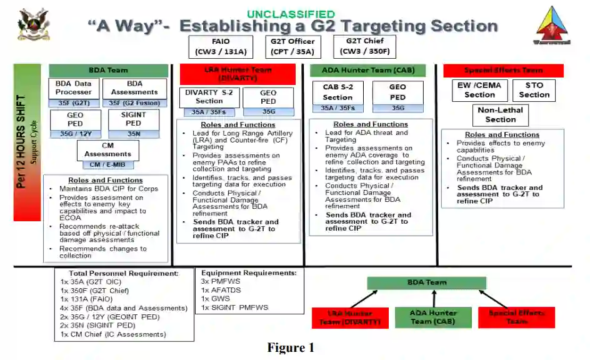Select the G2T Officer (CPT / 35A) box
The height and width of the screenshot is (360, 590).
pos(292,47)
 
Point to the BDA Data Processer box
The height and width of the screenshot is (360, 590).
pos(74,88)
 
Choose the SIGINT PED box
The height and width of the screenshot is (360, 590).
pos(134,119)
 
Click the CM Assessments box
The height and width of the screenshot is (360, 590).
pos(107,150)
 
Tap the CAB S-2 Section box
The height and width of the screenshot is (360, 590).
pos(337,93)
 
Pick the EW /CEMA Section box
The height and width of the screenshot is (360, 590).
pos(479,90)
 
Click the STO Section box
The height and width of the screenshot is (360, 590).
pos(534,90)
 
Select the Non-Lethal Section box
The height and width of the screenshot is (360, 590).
pos(501,115)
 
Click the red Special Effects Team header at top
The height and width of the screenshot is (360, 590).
pos(503,71)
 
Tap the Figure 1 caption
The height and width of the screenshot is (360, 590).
pos(291,348)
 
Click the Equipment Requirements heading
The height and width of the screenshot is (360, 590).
pos(249,273)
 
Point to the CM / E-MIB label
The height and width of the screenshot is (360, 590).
pos(107,165)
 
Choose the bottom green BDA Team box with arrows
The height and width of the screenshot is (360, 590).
pos(427,282)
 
